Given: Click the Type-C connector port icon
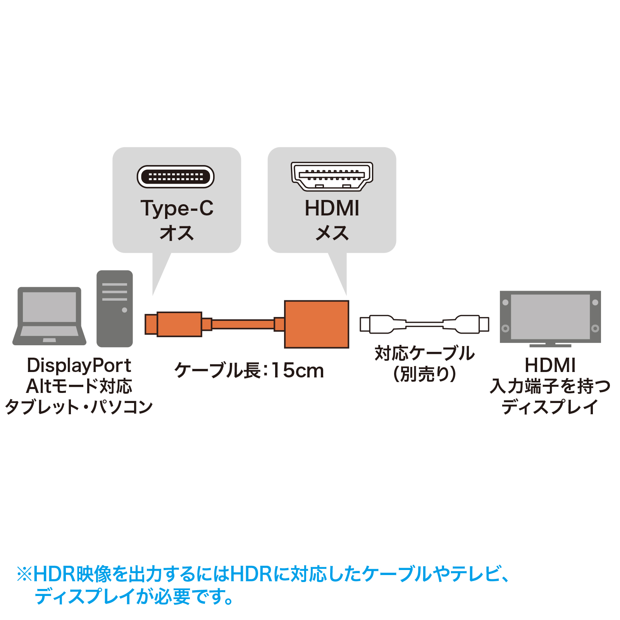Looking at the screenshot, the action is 176,177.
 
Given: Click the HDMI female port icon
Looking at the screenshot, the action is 332,177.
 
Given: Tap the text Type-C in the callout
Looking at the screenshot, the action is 177,209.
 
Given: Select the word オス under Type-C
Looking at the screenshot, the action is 177,233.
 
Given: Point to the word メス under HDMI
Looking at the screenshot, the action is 332,233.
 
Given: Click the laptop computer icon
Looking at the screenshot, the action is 50,316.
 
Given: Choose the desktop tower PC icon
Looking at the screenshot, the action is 115,308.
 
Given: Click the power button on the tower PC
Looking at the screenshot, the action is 124,310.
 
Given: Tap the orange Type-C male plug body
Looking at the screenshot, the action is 179,324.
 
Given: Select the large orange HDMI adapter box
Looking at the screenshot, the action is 317,324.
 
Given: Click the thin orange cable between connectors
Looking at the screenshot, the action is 243,324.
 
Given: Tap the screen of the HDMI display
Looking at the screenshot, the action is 550,317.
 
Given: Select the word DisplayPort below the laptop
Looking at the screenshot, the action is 79,365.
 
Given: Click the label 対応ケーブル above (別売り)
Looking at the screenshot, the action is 425,353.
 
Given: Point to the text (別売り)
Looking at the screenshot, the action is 425,374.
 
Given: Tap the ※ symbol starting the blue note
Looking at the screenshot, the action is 24,574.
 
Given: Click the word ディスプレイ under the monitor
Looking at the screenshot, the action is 550,407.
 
